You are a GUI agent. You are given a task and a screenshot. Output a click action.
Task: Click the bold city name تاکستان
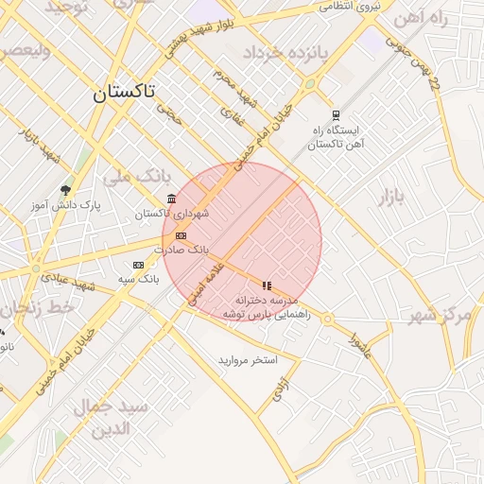click(124, 93)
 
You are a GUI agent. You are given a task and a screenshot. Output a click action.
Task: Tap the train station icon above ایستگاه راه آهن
click(336, 113)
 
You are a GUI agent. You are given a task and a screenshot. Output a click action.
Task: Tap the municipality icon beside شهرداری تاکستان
click(170, 199)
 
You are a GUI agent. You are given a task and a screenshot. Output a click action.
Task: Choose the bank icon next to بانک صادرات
click(181, 235)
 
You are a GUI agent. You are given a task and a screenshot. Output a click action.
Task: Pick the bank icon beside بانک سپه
click(139, 265)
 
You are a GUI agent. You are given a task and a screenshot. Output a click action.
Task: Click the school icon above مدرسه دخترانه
click(268, 285)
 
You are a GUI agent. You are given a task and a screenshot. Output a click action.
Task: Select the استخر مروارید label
click(248, 360)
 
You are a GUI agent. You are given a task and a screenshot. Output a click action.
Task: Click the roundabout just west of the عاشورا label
click(327, 320)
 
